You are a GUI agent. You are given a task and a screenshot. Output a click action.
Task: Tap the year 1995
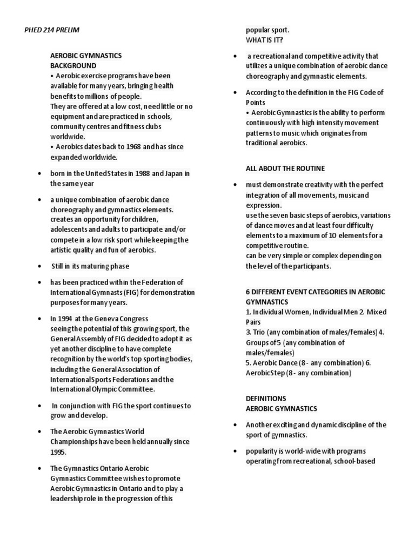point(58,451)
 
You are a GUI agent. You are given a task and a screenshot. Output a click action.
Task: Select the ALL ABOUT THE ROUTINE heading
point(285,168)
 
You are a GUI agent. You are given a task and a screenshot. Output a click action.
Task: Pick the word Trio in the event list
point(261,332)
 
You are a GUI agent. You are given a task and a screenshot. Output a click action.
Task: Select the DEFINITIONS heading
point(266,398)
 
